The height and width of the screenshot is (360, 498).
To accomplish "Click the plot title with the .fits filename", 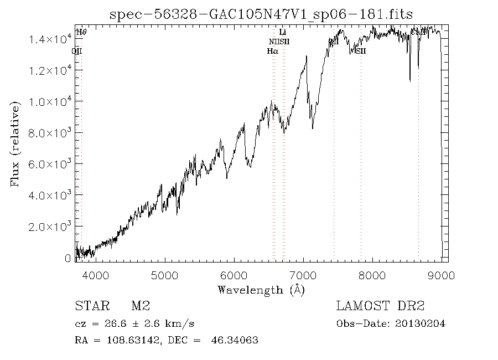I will (x=262, y=14).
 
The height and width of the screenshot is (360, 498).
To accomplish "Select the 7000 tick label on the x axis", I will (x=303, y=275).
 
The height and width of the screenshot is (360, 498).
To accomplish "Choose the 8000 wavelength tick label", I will (x=373, y=275).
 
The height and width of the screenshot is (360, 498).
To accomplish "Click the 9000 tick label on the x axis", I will (x=442, y=275).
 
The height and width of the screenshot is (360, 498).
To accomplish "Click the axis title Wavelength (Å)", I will (x=261, y=290).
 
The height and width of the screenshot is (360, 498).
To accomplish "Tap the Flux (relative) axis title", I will (x=15, y=144).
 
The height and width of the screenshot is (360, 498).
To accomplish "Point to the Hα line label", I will (x=272, y=51).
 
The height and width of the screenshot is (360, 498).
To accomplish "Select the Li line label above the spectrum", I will (x=283, y=33).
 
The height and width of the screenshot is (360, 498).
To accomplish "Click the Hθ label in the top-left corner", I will (x=81, y=33).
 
